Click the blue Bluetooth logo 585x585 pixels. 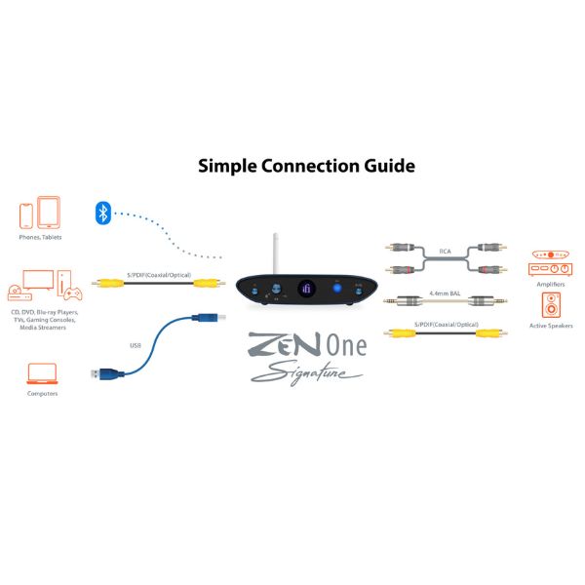tap(103, 213)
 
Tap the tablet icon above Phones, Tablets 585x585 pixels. tap(49, 213)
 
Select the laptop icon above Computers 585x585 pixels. tap(42, 373)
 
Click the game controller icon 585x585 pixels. tap(73, 293)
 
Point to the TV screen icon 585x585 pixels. tap(38, 280)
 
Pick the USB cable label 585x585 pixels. tap(136, 345)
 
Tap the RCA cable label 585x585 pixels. tap(446, 252)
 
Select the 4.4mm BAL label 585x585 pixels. tap(445, 293)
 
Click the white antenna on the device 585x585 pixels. tap(276, 253)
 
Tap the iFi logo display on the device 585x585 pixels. tap(307, 289)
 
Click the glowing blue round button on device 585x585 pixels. tap(337, 288)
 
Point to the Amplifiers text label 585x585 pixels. tap(551, 285)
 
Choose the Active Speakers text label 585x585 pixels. tap(551, 326)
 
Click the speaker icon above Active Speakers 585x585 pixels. tap(551, 305)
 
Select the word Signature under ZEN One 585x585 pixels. tap(307, 373)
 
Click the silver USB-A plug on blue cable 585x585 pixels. tap(96, 373)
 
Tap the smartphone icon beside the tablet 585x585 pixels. tap(26, 215)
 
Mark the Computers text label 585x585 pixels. tap(43, 394)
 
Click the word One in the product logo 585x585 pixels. tap(346, 345)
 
